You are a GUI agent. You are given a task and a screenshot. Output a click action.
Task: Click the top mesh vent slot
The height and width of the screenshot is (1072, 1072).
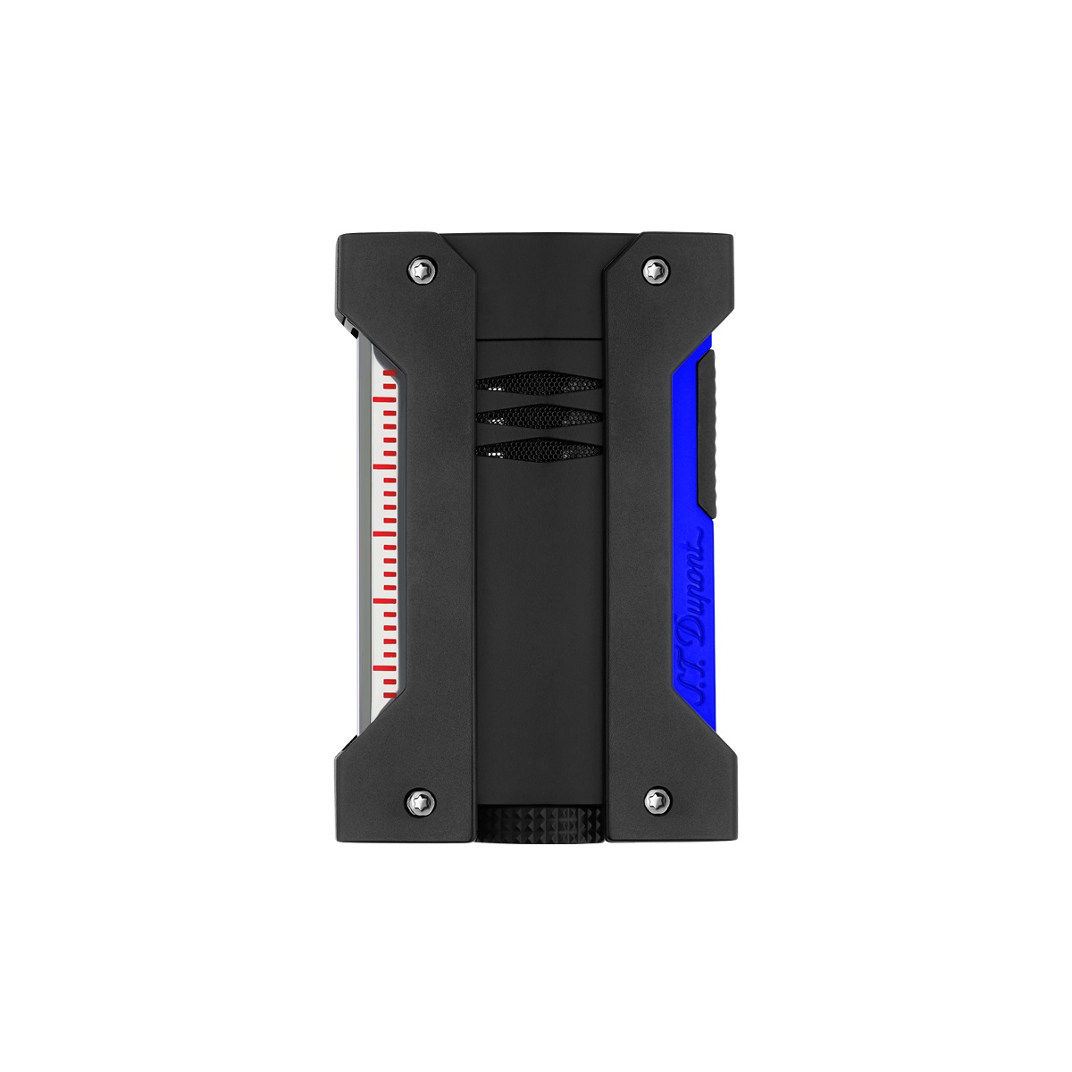pyautogui.click(x=540, y=383)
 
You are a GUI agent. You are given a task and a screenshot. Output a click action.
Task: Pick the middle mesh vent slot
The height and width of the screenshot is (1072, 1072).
pyautogui.click(x=540, y=415)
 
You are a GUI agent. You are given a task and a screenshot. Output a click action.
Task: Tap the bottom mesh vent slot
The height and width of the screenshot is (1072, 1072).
pyautogui.click(x=540, y=448)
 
